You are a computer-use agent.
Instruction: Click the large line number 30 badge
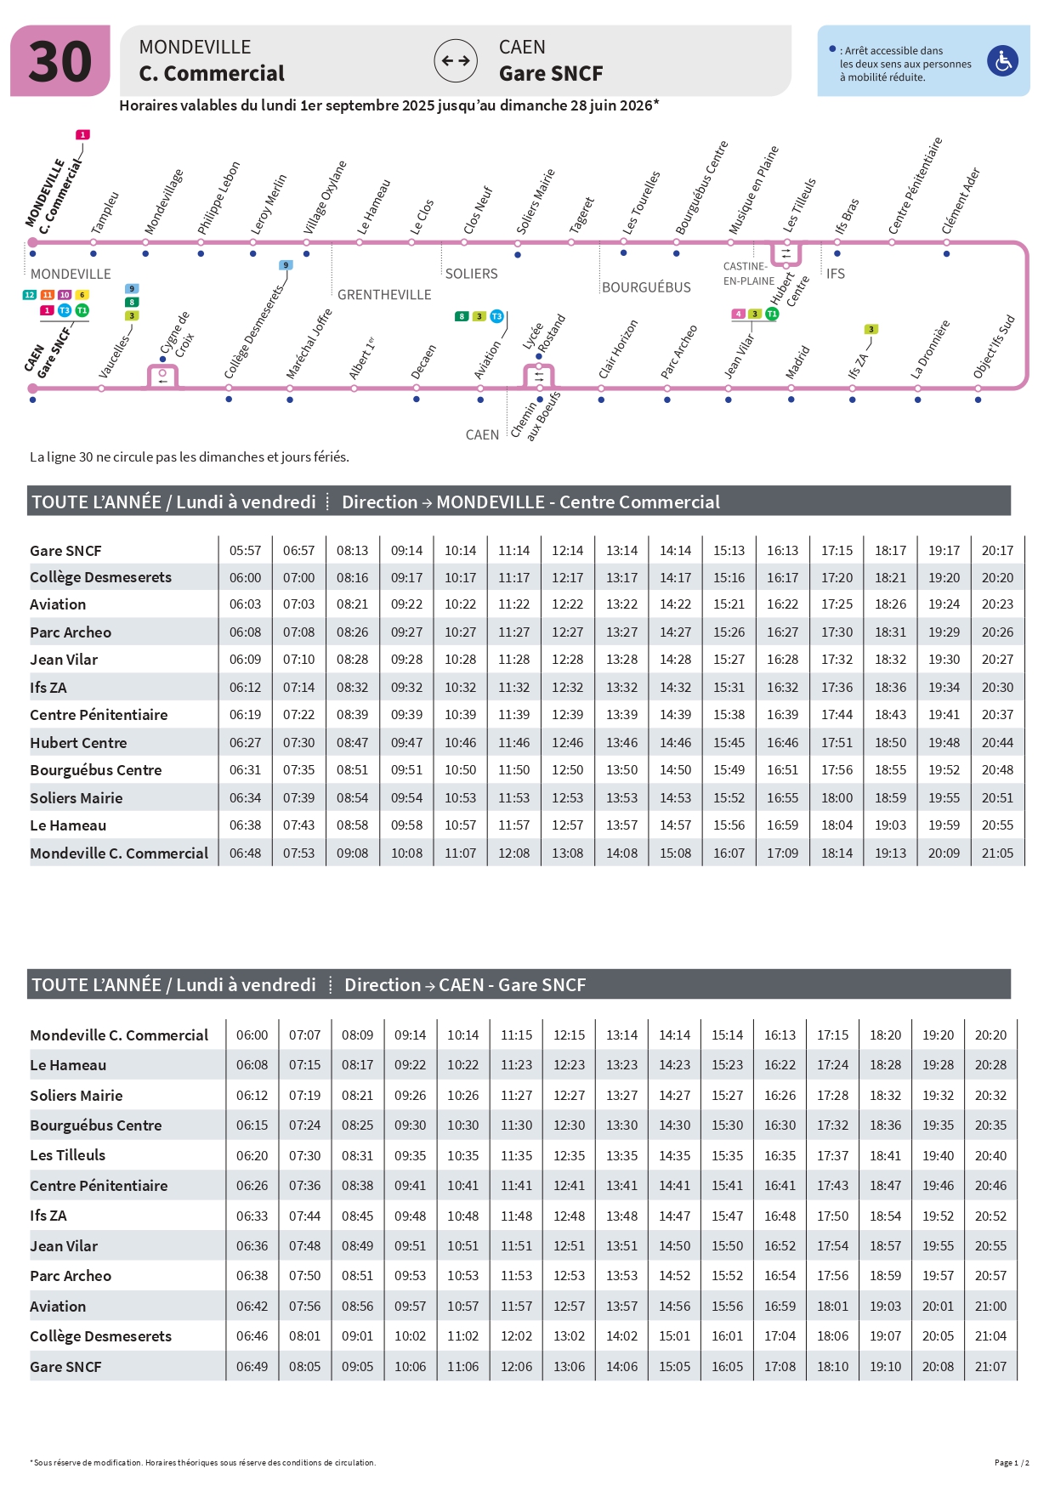pyautogui.click(x=60, y=61)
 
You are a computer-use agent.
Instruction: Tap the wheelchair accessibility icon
pyautogui.click(x=1003, y=61)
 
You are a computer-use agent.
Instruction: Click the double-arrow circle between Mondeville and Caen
pyautogui.click(x=456, y=61)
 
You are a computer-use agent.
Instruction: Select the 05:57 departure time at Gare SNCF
pyautogui.click(x=245, y=551)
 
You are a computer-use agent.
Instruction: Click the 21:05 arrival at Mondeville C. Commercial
pyautogui.click(x=997, y=853)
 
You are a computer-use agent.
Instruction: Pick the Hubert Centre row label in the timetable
pyautogui.click(x=78, y=743)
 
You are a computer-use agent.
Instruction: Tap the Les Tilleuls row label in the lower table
pyautogui.click(x=68, y=1155)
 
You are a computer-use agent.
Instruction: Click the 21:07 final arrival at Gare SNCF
pyautogui.click(x=990, y=1367)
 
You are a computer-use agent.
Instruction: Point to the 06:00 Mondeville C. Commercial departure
pyautogui.click(x=252, y=1035)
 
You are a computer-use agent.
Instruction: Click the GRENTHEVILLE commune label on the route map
pyautogui.click(x=384, y=295)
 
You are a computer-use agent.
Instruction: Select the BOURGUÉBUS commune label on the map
pyautogui.click(x=646, y=287)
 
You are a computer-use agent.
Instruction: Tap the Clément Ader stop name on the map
pyautogui.click(x=961, y=201)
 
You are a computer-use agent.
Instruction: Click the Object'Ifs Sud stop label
pyautogui.click(x=994, y=347)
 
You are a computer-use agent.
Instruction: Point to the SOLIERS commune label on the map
pyautogui.click(x=471, y=274)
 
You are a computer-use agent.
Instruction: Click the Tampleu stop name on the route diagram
pyautogui.click(x=105, y=213)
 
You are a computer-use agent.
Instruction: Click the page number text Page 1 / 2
pyautogui.click(x=1012, y=1463)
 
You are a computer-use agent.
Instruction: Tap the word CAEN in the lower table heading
pyautogui.click(x=461, y=985)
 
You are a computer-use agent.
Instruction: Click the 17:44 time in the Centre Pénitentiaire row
pyautogui.click(x=837, y=715)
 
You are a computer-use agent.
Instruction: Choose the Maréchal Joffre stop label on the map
pyautogui.click(x=309, y=343)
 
